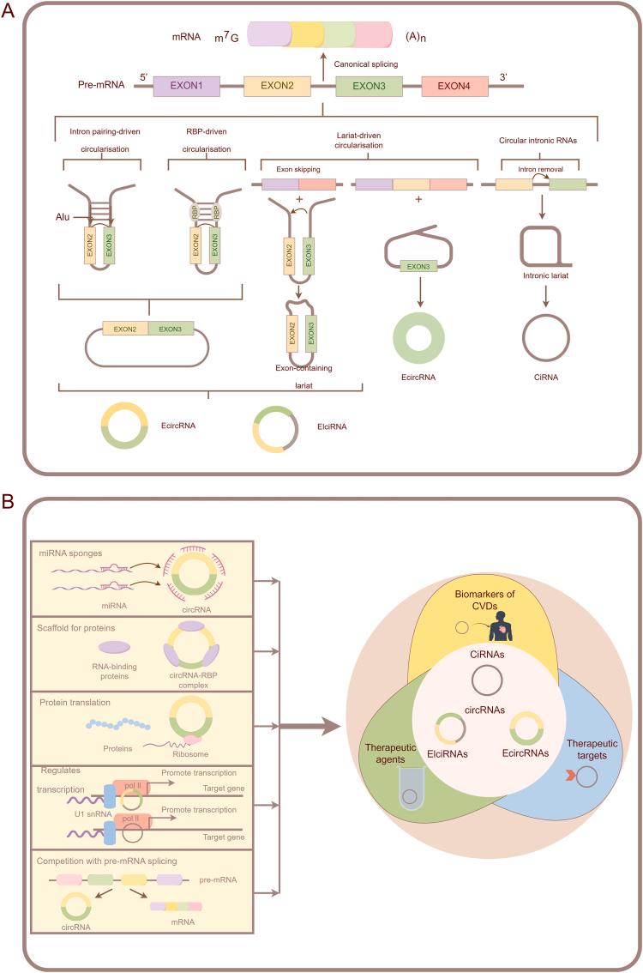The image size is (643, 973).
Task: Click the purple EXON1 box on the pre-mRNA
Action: point(186,86)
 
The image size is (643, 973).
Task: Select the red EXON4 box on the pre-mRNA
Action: point(454,86)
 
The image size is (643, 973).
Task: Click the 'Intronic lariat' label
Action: point(545,276)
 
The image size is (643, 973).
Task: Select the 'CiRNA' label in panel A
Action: point(546,375)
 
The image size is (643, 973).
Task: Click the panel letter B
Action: point(9,500)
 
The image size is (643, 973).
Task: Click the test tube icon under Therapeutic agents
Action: point(412,791)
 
